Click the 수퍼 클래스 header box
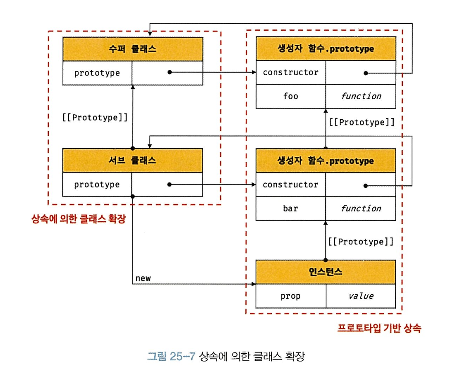pos(133,49)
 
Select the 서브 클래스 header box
pos(133,161)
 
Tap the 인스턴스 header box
pos(326,272)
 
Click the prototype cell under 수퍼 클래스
pos(97,73)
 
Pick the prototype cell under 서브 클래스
pos(97,185)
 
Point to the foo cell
pos(291,96)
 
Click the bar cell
pos(291,208)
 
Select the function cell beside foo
pos(361,96)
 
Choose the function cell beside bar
pos(361,208)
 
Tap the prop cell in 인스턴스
pos(291,296)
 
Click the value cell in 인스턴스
pos(361,296)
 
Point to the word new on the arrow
pos(143,278)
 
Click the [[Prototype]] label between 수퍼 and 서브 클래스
pos(95,117)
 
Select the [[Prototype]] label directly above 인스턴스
pos(361,241)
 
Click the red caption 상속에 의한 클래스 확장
pos(78,219)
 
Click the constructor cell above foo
pos(291,72)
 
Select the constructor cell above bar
pos(291,185)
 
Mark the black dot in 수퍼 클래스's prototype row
pos(169,73)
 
